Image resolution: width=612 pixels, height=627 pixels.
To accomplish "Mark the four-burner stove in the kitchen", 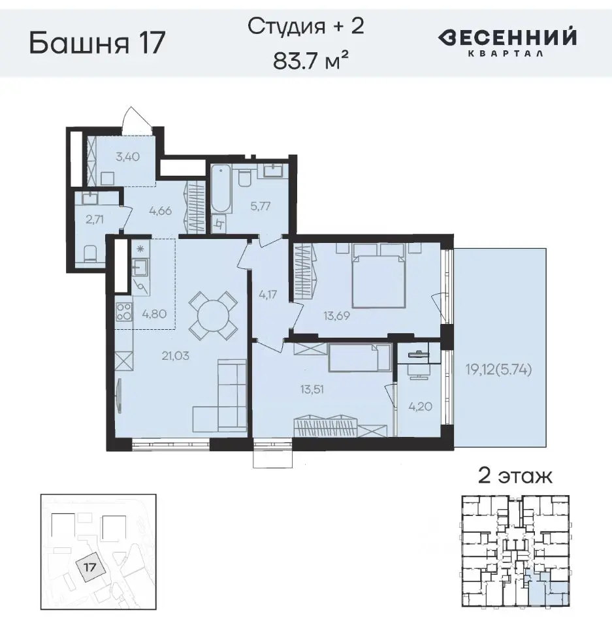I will tap(124, 313).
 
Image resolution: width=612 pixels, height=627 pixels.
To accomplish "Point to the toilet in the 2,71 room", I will tap(91, 253).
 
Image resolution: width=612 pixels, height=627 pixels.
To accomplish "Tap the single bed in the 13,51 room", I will tap(358, 359).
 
